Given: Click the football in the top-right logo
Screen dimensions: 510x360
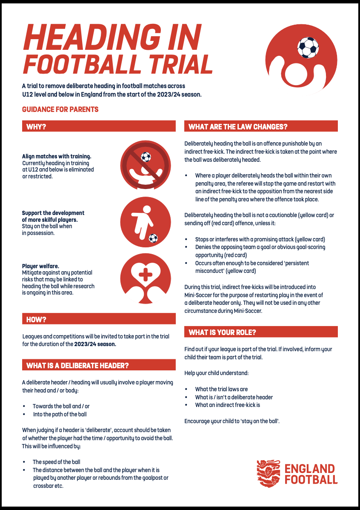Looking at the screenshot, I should [x=308, y=47].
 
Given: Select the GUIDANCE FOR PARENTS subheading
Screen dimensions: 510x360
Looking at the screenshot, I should [x=60, y=110].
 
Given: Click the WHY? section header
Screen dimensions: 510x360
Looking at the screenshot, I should [x=37, y=126].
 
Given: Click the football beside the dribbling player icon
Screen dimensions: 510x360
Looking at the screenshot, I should [x=153, y=238].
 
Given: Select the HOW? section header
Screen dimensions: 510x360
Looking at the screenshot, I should [x=37, y=319].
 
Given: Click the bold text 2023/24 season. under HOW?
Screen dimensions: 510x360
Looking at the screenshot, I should [x=95, y=344].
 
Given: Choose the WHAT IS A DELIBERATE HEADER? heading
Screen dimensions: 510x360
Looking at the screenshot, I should [x=77, y=365].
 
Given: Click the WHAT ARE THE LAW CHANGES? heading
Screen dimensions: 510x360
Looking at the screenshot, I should [x=238, y=126].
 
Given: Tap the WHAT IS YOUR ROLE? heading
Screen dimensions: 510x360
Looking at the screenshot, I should [x=222, y=332].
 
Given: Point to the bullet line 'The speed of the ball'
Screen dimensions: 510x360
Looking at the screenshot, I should [x=57, y=462].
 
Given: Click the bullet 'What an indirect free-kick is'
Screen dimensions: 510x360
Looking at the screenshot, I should [x=227, y=405].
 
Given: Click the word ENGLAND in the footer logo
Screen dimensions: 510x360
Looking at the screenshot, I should [x=309, y=469].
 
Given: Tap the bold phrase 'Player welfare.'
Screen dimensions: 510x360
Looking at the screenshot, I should [x=41, y=266].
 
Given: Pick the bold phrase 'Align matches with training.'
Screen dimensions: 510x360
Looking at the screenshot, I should [x=57, y=156].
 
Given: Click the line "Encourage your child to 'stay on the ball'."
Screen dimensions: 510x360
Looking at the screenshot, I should [x=232, y=421].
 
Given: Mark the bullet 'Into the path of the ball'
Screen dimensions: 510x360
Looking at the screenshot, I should [x=60, y=414].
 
